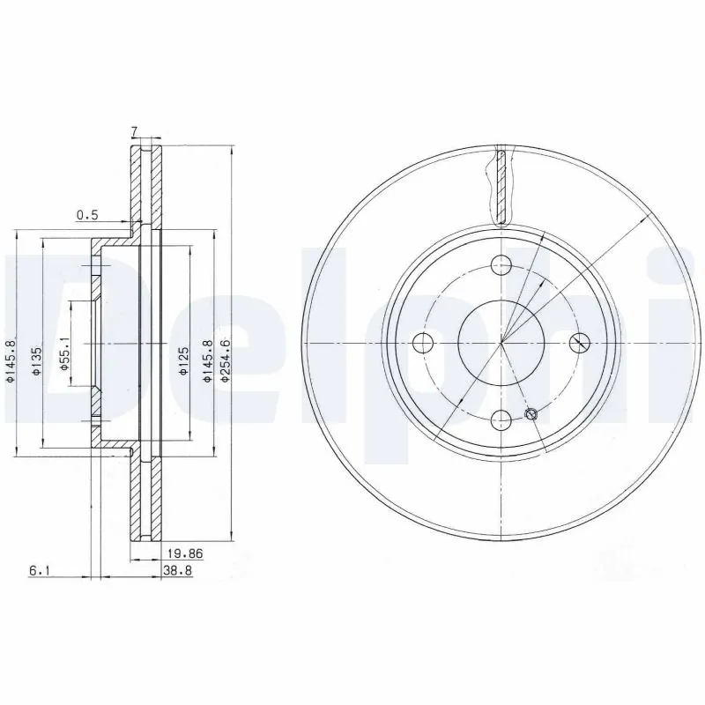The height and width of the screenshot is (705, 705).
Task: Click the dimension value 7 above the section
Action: (134, 132)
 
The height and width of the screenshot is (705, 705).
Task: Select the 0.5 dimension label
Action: (86, 214)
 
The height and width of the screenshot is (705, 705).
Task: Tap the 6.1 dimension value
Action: (38, 571)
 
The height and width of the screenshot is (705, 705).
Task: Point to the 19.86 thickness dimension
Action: (180, 554)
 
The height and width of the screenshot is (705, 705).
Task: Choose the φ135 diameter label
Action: (37, 360)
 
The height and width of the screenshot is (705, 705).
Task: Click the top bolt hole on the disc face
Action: (501, 264)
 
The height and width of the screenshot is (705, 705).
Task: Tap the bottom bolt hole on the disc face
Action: (501, 420)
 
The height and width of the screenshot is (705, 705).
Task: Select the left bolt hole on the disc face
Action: (424, 343)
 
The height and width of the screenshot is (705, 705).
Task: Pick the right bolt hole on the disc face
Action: (579, 343)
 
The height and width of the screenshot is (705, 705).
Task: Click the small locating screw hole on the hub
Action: (531, 414)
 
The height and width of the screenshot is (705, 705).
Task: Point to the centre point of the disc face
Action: (501, 343)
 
